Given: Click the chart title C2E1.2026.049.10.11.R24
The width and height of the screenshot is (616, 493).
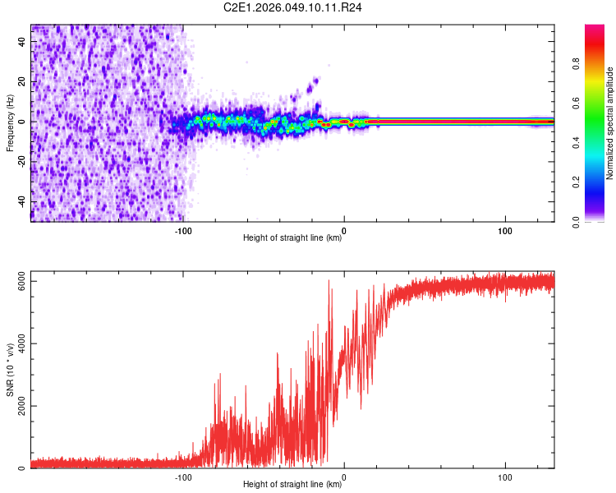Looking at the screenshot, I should click(x=293, y=7).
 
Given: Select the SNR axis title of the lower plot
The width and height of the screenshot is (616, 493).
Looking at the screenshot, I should click(x=10, y=369).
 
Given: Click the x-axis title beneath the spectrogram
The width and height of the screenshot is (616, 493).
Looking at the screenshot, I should click(x=292, y=238).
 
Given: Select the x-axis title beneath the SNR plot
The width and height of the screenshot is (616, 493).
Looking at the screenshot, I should click(x=292, y=485).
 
